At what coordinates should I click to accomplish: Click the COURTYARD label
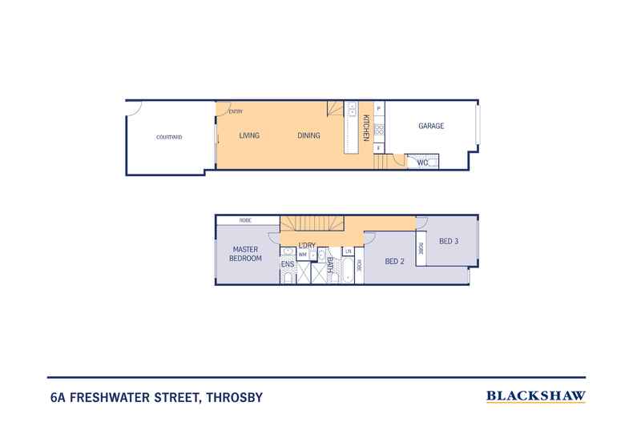(x=168, y=137)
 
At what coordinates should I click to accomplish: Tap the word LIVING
(x=249, y=136)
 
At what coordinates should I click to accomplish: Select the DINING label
(x=308, y=136)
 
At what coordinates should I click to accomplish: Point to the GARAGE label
(x=431, y=126)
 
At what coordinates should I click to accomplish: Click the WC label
(x=422, y=163)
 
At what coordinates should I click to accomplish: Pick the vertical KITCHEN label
(x=366, y=128)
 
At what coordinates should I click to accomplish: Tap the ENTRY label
(x=236, y=111)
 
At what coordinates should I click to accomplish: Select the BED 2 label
(x=394, y=261)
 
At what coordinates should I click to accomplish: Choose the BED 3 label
(x=448, y=242)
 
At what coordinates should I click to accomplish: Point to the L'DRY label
(x=306, y=245)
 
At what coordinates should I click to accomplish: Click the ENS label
(x=286, y=263)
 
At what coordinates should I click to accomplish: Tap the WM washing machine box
(x=302, y=255)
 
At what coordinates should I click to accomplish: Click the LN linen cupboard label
(x=349, y=252)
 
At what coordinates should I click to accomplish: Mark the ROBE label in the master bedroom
(x=246, y=220)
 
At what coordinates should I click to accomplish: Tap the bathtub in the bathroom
(x=348, y=275)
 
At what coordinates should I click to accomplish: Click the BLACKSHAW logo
(x=536, y=396)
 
